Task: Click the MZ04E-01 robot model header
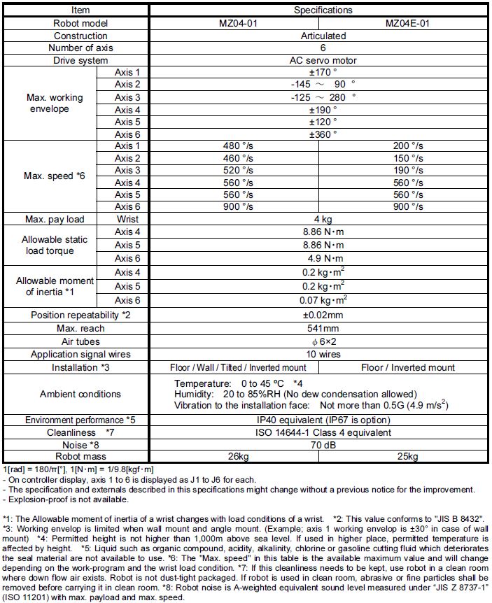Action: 407,23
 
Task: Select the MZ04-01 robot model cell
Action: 238,23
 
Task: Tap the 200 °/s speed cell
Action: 408,146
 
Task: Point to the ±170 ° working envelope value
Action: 323,72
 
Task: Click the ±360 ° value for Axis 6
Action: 323,134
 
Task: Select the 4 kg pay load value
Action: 323,220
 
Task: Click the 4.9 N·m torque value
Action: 323,257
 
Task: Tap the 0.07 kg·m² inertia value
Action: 323,300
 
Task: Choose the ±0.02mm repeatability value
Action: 323,315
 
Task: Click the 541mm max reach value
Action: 323,328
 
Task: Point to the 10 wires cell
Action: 323,355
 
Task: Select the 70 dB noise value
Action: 323,445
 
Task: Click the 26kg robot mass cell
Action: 238,457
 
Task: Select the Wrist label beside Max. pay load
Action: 127,220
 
